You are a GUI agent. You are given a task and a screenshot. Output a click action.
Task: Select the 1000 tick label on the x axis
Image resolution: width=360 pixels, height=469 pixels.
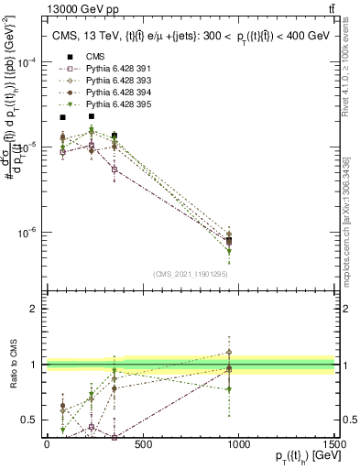click(239, 443)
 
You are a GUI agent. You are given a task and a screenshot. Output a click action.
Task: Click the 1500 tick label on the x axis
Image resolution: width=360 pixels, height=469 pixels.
click(335, 443)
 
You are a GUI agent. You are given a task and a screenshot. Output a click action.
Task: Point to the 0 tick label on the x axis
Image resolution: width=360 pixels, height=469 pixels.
click(47, 443)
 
